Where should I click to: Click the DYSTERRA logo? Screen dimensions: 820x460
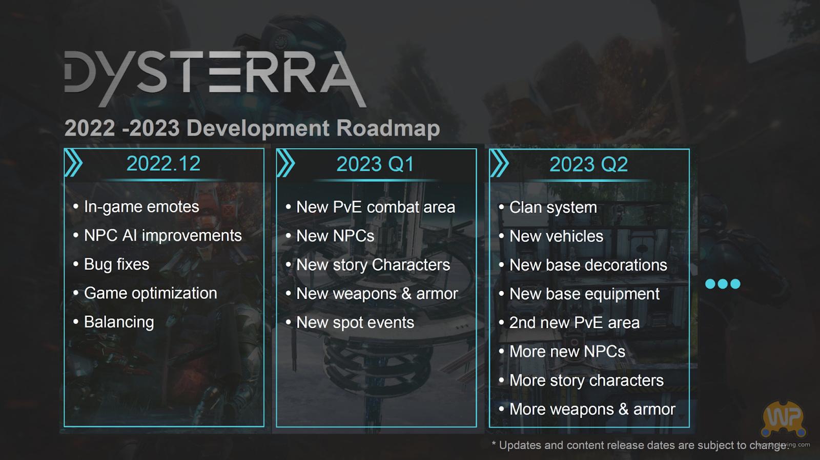point(215,78)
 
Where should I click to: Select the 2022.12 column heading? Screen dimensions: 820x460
point(163,164)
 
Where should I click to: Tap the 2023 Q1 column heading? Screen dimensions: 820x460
point(375,164)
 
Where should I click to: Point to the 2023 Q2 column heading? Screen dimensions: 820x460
point(588,164)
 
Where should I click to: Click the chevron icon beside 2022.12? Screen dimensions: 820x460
point(74,164)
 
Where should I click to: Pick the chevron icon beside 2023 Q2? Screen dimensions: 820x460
point(499,164)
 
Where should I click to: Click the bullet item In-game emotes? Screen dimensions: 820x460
point(141,207)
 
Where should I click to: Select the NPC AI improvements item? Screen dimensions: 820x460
point(163,235)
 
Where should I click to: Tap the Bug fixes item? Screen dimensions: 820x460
point(116,265)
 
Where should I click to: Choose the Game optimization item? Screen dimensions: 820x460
point(151,293)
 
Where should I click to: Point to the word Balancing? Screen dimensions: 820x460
point(119,322)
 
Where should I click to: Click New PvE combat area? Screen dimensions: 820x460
point(376,207)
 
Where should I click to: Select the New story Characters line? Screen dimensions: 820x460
point(373,265)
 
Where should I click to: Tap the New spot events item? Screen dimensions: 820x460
point(355,323)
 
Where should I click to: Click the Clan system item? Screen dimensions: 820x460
point(553,208)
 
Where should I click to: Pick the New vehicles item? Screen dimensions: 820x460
point(556,236)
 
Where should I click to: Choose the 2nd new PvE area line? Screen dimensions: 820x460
point(575,323)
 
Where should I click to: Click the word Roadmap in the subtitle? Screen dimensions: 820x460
point(388,129)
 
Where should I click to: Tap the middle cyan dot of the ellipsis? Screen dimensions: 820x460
point(723,284)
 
